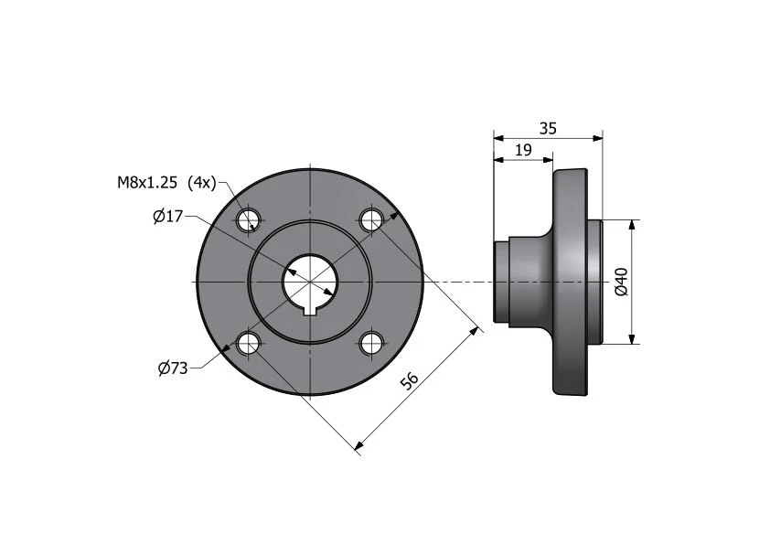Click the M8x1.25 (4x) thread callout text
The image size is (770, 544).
coord(166,183)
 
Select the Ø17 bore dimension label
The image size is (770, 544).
coord(167,216)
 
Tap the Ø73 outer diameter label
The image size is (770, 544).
coord(173,368)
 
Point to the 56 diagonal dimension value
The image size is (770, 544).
coord(409,380)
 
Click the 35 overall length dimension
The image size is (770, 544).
coord(548,128)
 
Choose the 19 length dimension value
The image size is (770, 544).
coord(523,150)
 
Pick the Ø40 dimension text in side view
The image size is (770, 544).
coord(622,282)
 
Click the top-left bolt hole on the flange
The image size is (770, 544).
coord(249,220)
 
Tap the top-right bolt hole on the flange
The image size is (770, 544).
coord(371,220)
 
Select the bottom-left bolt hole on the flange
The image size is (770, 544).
coord(249,343)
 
